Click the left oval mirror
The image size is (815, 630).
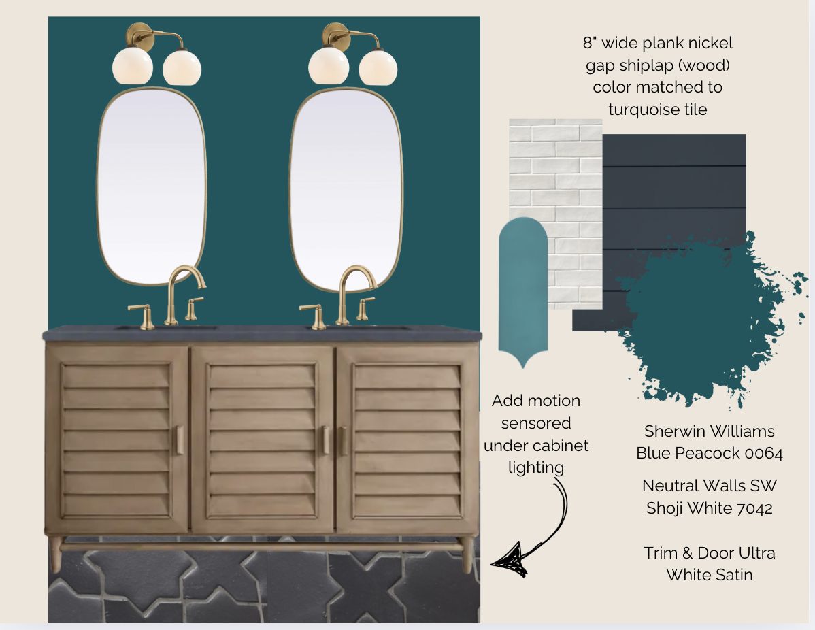point(152,186)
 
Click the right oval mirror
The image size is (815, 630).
point(346,190)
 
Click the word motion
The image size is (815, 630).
point(556,401)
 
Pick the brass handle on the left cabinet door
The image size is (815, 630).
point(178,440)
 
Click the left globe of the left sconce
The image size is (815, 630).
point(133,65)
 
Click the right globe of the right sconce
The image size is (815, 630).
point(378,67)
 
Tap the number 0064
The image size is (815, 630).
point(763,453)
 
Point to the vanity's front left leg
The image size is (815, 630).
point(55,554)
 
